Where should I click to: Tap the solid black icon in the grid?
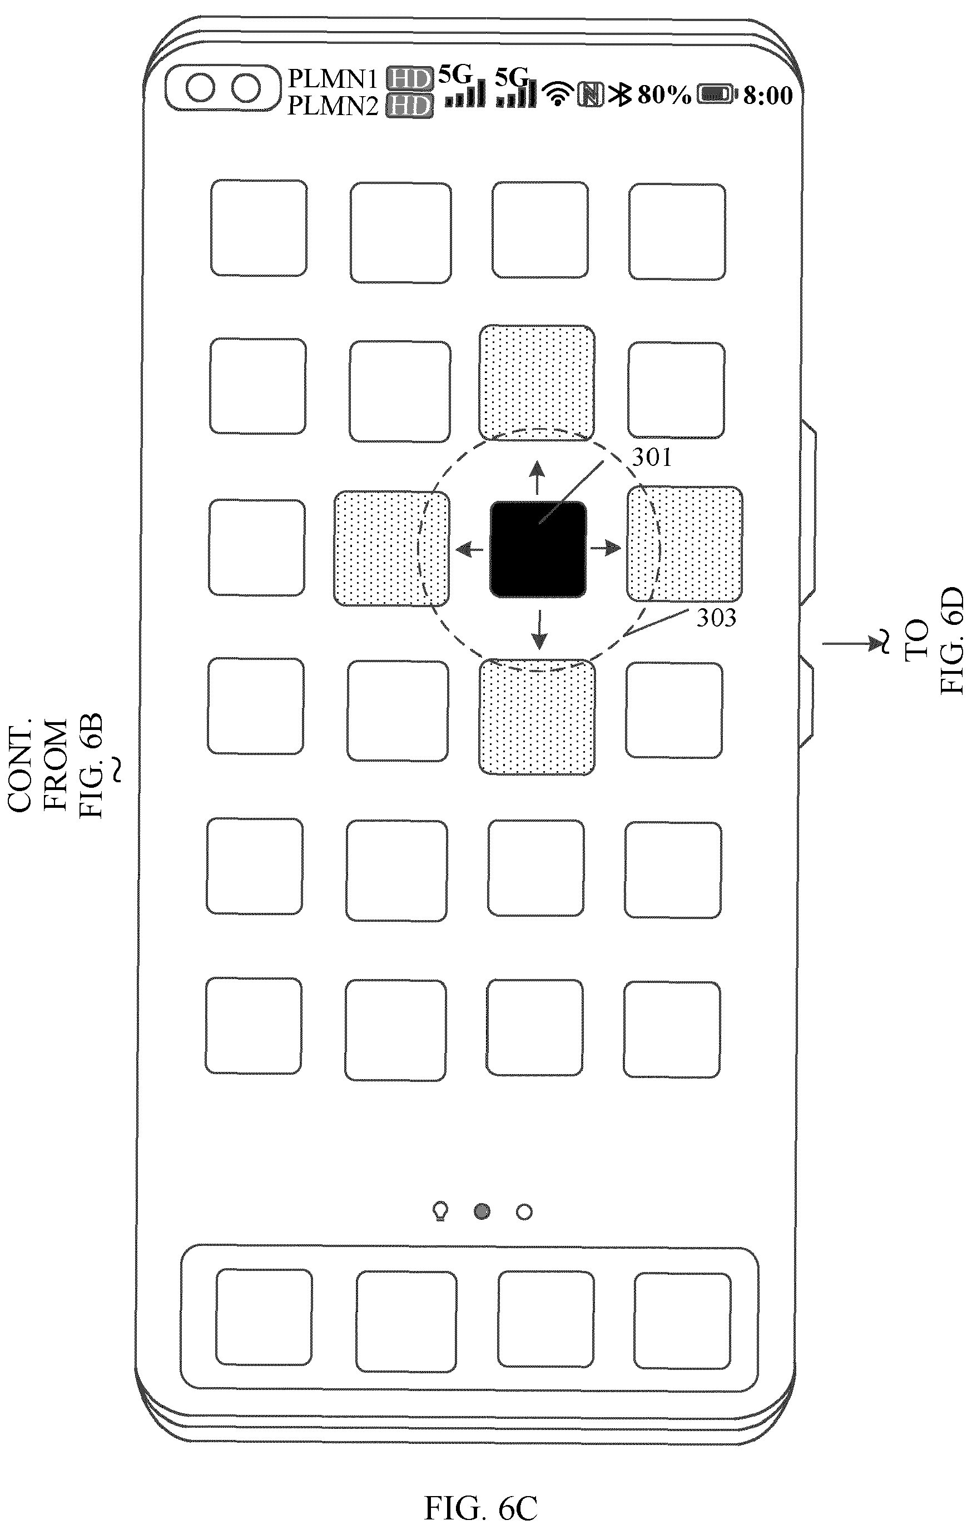click(538, 550)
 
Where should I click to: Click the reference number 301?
click(651, 458)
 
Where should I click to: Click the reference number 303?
click(716, 618)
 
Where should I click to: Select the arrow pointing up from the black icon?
click(538, 478)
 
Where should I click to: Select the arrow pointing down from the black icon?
click(539, 629)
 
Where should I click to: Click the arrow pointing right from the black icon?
click(606, 548)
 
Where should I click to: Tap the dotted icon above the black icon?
click(537, 383)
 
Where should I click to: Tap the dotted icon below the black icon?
click(537, 717)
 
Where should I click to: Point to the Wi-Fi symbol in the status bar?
click(558, 94)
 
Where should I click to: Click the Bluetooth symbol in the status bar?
click(619, 95)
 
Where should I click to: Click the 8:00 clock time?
click(768, 95)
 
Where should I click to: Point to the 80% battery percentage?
click(664, 95)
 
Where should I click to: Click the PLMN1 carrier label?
click(333, 79)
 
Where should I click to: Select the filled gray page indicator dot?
click(482, 1211)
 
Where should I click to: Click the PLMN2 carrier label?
click(333, 106)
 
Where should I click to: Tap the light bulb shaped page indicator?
click(440, 1211)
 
